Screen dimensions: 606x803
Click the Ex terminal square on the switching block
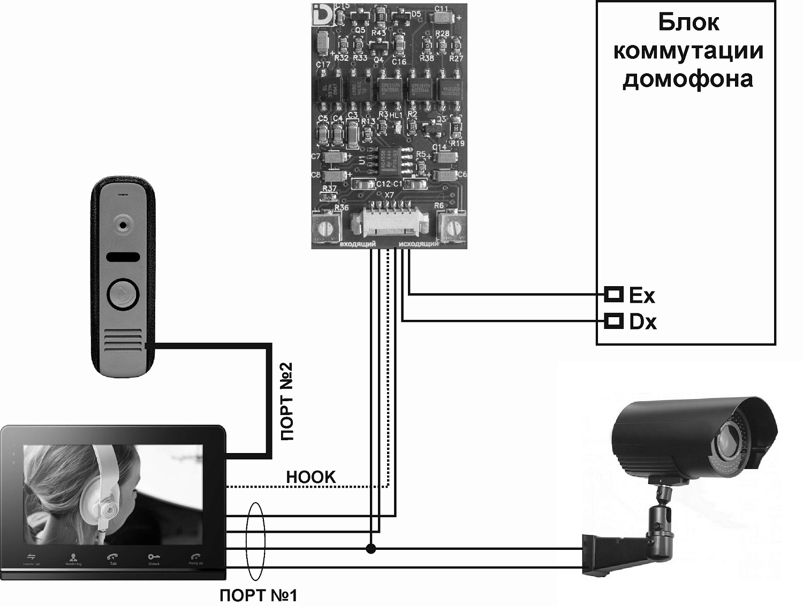[614, 294]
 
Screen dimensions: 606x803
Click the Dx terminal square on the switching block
[614, 321]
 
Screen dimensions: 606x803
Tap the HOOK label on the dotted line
[311, 477]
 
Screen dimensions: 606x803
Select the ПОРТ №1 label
[258, 595]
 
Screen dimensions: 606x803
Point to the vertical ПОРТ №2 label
[287, 402]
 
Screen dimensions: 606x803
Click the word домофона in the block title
[688, 79]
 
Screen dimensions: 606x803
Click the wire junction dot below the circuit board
[370, 548]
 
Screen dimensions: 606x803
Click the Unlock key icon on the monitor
[154, 557]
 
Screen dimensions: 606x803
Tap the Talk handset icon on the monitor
[113, 557]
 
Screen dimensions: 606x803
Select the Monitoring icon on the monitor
[73, 558]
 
